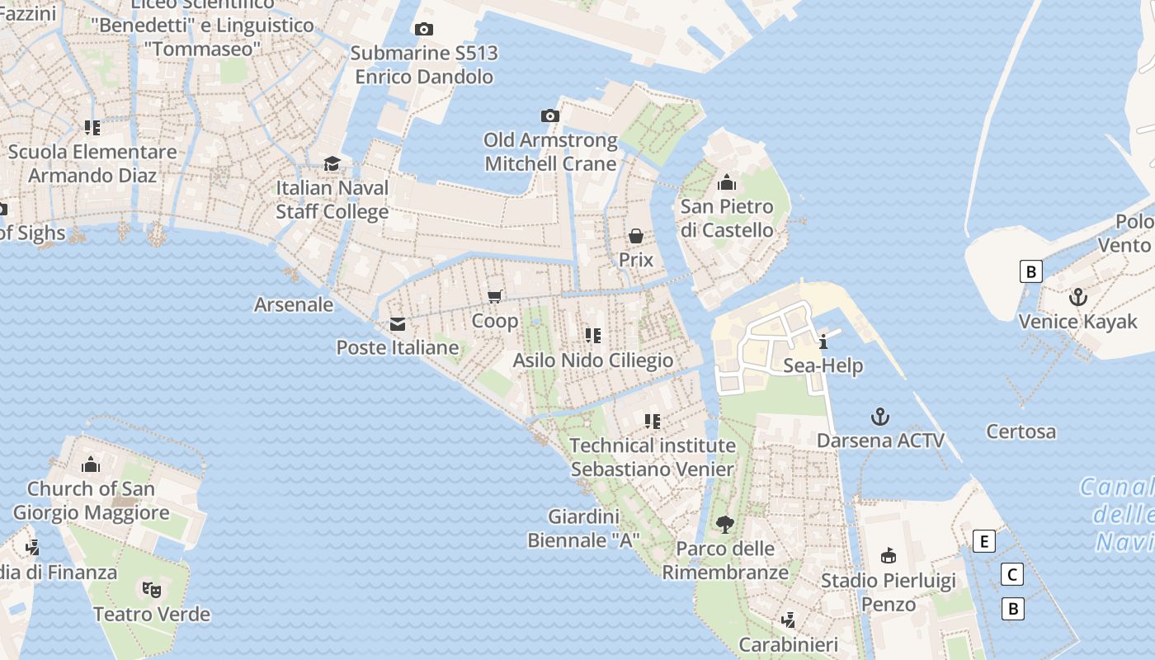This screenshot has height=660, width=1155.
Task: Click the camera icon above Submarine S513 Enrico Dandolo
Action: (x=423, y=30)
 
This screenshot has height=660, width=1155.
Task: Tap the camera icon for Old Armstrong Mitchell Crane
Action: (x=549, y=116)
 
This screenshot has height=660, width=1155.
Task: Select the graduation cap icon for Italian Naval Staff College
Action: (x=332, y=163)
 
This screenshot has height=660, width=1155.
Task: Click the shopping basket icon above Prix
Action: (x=636, y=237)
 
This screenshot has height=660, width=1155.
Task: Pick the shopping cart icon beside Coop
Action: (x=495, y=297)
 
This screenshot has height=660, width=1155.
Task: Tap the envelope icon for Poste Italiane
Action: (x=398, y=323)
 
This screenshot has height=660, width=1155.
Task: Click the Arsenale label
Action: (x=294, y=304)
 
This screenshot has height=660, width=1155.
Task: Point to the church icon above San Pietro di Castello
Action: (x=727, y=182)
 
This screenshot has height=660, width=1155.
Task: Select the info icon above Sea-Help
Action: (x=823, y=342)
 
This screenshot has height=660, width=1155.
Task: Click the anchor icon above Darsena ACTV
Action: (x=880, y=416)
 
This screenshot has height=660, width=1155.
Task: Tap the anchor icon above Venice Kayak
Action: (x=1077, y=297)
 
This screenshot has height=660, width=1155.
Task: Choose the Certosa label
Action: (x=1021, y=431)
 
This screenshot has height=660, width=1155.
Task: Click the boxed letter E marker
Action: (x=983, y=542)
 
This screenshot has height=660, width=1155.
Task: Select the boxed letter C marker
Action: (x=1011, y=574)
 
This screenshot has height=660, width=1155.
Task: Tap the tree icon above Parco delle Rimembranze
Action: (x=725, y=524)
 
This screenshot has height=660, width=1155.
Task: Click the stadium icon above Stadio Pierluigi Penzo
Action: (x=889, y=555)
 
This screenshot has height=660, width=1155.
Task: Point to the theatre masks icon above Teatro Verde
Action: (x=151, y=589)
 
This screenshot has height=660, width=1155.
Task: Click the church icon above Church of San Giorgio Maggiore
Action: (x=91, y=464)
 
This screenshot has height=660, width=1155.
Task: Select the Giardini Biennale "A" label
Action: (x=584, y=529)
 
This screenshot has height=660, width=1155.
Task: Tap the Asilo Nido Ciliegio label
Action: (x=592, y=361)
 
